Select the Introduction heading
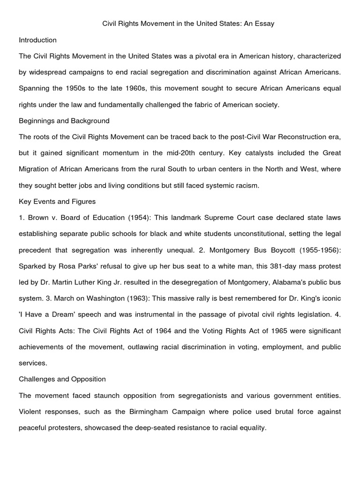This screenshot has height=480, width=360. pos(37,40)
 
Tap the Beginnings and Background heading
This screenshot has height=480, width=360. pos(64,120)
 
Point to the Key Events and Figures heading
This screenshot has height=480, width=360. pos(57,202)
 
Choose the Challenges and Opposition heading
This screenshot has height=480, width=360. pos(62,379)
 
